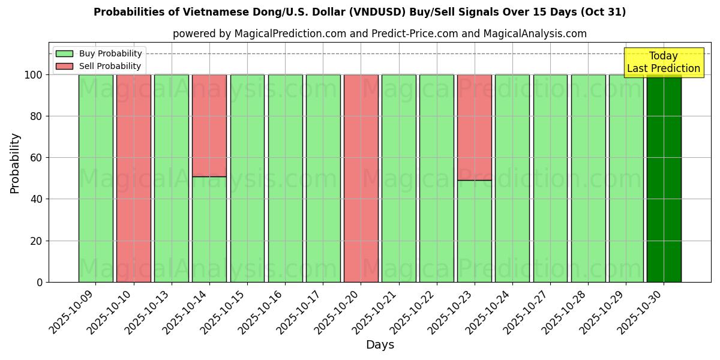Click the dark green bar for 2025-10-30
(664, 180)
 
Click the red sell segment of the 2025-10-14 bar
(209, 125)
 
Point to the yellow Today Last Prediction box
(663, 62)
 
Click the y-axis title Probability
(15, 163)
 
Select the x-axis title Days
(380, 345)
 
